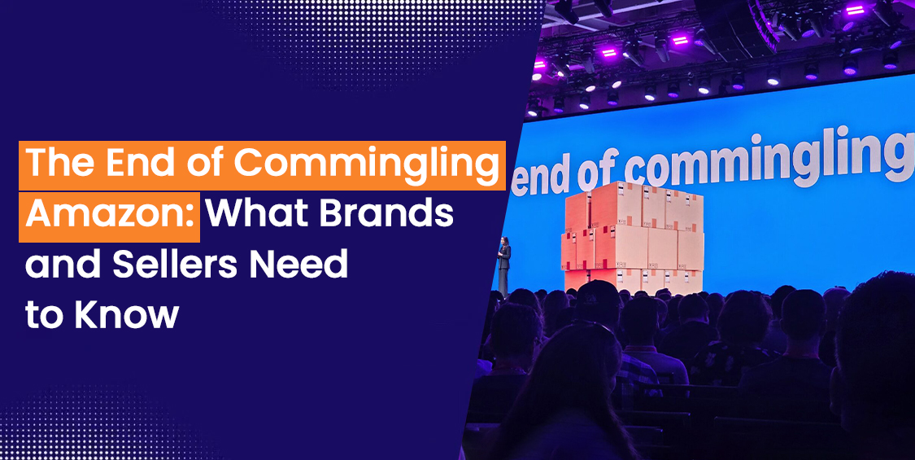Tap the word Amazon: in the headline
110,217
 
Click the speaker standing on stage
503,265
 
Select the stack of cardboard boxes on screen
633,236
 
